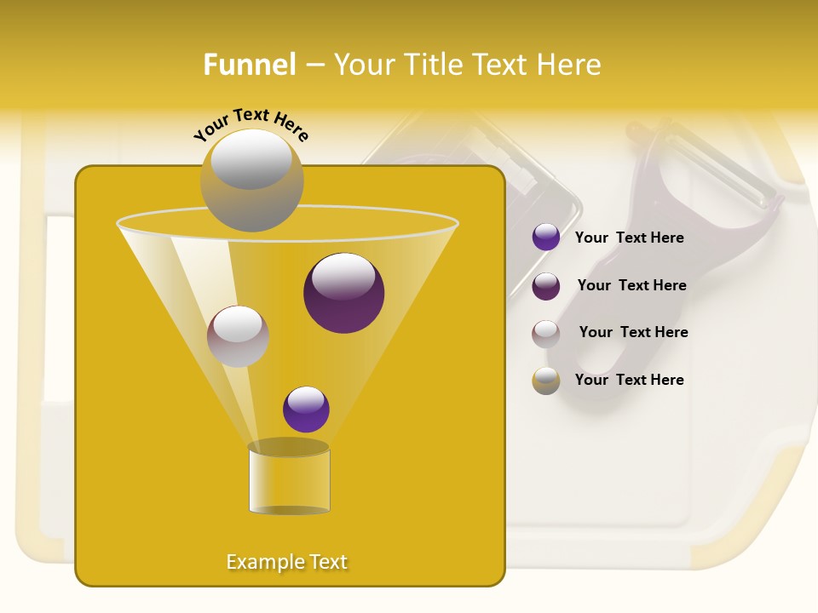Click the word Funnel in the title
pos(249,65)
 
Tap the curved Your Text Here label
pos(251,124)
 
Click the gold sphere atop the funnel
pos(251,180)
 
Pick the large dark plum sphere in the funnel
pos(343,293)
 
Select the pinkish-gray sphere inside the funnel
pos(238,336)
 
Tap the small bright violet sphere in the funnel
pos(306,409)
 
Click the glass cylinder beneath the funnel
pos(289,480)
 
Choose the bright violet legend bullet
pos(546,238)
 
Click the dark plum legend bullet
pos(546,286)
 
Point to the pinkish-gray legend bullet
pos(546,333)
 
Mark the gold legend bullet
pos(546,381)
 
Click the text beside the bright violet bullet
pos(629,238)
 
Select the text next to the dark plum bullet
pos(631,285)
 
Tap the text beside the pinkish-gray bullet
pos(633,332)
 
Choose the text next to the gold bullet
pos(629,380)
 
